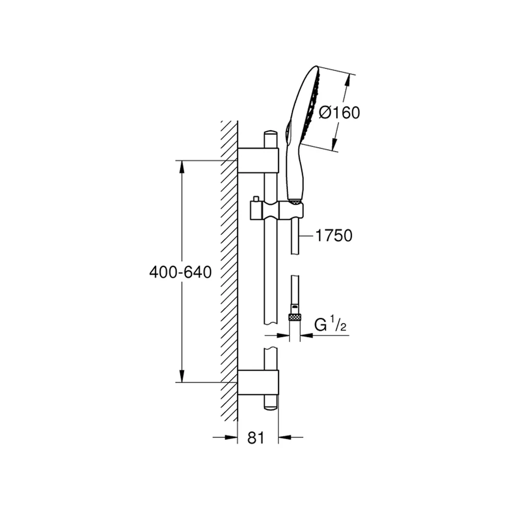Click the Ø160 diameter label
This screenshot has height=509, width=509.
339,112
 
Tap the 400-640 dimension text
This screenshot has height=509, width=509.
181,272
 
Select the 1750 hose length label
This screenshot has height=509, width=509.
334,235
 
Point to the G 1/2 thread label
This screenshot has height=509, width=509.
330,324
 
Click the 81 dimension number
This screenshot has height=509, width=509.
256,438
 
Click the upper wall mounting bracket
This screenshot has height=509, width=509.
258,160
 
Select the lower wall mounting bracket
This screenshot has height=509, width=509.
258,382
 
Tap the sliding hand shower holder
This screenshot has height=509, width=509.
276,209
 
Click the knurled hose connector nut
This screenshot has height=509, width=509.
294,317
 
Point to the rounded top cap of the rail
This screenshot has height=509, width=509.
271,135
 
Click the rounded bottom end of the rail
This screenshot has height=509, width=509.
271,407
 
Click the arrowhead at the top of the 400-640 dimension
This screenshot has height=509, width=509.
182,167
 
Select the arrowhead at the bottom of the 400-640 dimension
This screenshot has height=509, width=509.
182,376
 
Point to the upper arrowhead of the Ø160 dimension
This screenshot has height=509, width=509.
348,80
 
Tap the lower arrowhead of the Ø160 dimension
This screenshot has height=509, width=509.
334,144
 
